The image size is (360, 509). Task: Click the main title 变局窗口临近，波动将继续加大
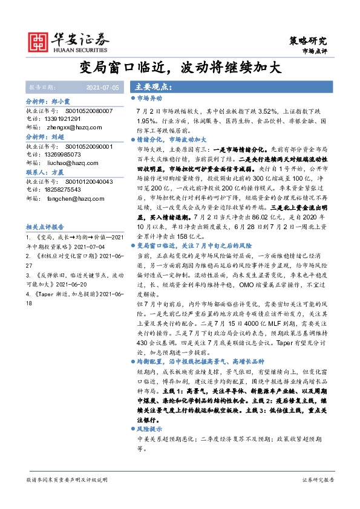point(180,67)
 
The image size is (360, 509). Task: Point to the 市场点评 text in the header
point(314,52)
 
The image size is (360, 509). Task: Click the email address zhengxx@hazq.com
point(68,128)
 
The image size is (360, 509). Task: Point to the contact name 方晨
point(58,172)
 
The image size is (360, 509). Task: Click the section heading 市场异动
point(149,98)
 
